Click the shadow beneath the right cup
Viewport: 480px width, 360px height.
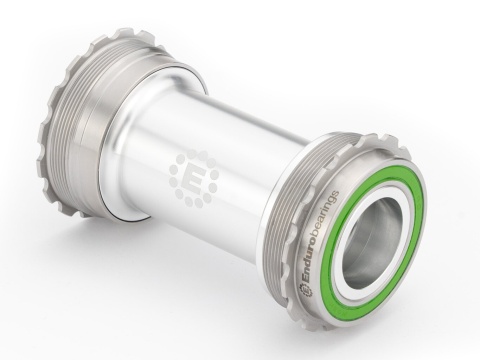(x=400, y=325)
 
